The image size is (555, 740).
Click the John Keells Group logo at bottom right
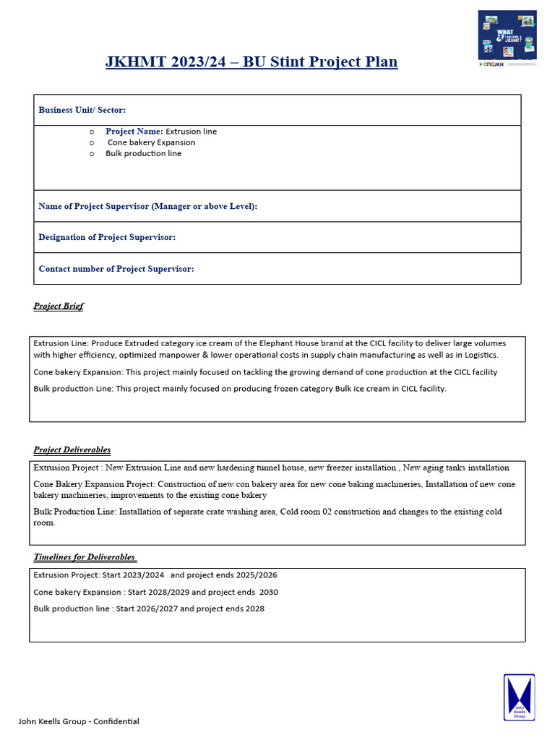click(x=519, y=697)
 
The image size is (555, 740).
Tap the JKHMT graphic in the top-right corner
click(x=507, y=38)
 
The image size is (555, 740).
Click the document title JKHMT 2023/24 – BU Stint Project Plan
click(x=251, y=61)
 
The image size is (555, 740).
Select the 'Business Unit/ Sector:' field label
click(x=82, y=110)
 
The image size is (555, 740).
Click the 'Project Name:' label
click(x=134, y=132)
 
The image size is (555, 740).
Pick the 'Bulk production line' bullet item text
click(x=143, y=153)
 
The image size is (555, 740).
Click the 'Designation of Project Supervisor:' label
click(x=107, y=237)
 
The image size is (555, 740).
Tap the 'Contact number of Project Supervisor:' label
click(x=116, y=269)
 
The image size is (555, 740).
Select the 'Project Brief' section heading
click(x=59, y=306)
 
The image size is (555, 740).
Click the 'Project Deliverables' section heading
click(x=72, y=450)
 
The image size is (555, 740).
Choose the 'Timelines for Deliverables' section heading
click(x=85, y=557)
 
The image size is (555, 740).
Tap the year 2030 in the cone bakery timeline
click(x=269, y=592)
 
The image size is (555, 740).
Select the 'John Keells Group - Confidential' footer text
click(x=79, y=721)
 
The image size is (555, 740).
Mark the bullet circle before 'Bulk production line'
click(x=92, y=154)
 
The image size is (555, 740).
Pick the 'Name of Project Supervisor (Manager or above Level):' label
click(x=147, y=206)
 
